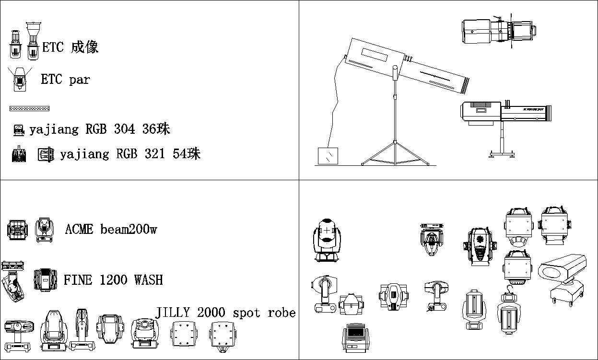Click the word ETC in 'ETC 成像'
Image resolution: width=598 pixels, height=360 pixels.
tap(53, 47)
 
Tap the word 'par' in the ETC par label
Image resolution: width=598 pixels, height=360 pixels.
tap(79, 80)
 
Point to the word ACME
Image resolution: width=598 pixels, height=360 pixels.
tap(79, 229)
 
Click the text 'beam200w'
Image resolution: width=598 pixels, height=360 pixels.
tap(129, 229)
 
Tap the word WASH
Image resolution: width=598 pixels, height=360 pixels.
tap(149, 279)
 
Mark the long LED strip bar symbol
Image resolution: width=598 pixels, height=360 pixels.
tap(29, 108)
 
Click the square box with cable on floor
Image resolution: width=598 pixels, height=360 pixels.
tap(328, 156)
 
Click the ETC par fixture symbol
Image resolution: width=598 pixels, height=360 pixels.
tap(19, 79)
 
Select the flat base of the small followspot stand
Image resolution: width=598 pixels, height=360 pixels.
tap(502, 154)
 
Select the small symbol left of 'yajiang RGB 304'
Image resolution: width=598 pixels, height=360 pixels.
tap(19, 129)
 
